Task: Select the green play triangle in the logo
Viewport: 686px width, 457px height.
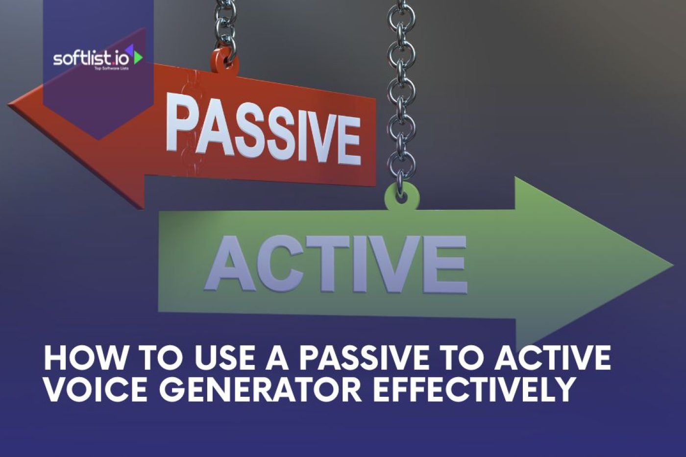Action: [x=138, y=57]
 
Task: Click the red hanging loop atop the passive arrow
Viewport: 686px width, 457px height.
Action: [x=224, y=62]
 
